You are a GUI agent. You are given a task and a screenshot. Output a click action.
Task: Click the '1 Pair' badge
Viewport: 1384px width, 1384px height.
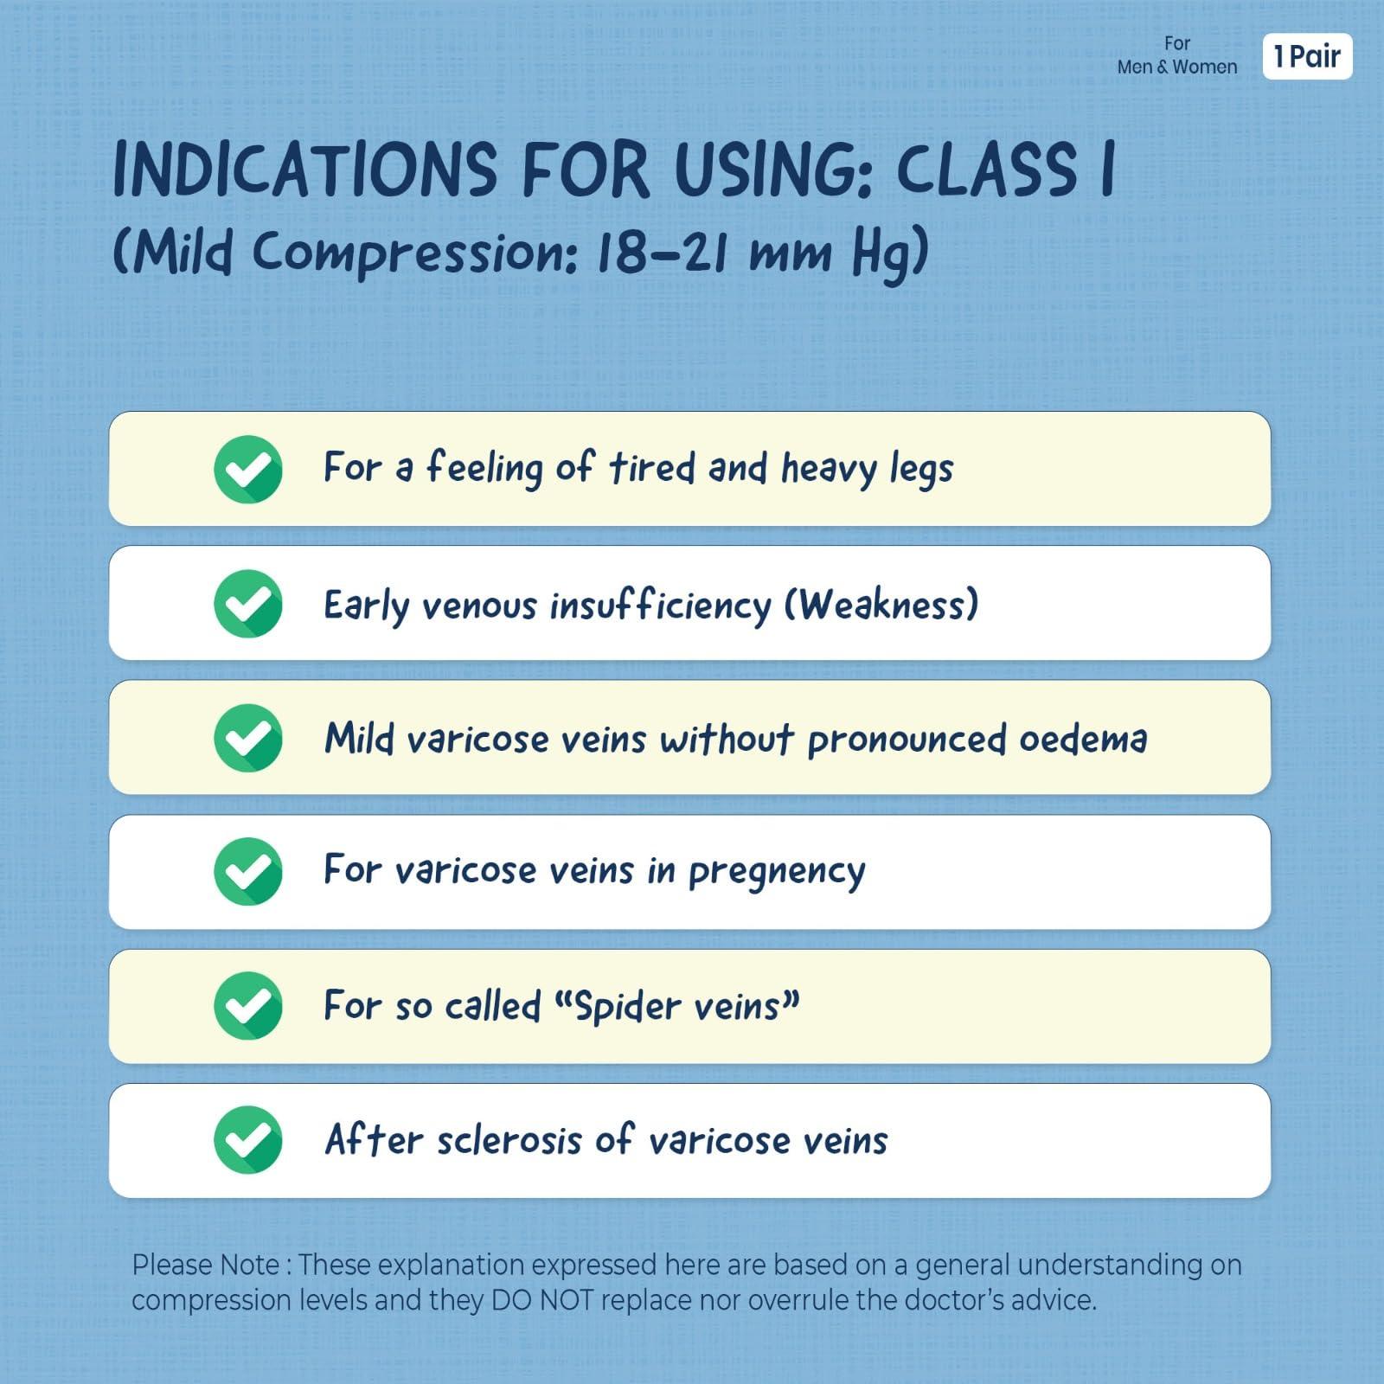(1307, 57)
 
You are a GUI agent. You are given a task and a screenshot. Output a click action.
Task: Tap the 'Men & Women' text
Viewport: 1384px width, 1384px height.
(1176, 67)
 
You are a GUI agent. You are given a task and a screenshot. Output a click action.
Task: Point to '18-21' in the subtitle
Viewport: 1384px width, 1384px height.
(665, 253)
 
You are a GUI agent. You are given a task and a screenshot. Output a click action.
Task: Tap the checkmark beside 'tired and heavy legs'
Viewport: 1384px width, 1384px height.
(248, 469)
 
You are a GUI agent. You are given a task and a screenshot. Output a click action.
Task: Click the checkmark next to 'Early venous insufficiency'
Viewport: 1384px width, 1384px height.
(248, 603)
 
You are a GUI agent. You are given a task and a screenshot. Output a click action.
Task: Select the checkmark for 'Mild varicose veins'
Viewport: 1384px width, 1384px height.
(248, 738)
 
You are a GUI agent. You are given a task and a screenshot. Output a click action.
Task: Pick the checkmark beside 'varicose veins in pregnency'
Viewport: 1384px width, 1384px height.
(248, 872)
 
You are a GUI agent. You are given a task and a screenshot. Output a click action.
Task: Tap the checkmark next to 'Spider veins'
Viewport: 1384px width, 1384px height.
(248, 1006)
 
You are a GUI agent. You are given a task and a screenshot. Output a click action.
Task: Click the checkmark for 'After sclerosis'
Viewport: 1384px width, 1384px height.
(248, 1140)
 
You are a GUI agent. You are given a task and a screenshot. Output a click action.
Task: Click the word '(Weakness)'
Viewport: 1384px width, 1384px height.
(881, 604)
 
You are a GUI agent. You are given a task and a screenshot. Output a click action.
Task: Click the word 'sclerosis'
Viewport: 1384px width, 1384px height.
(509, 1141)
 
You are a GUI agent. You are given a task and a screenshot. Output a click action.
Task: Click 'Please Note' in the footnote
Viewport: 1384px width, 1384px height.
(205, 1265)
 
